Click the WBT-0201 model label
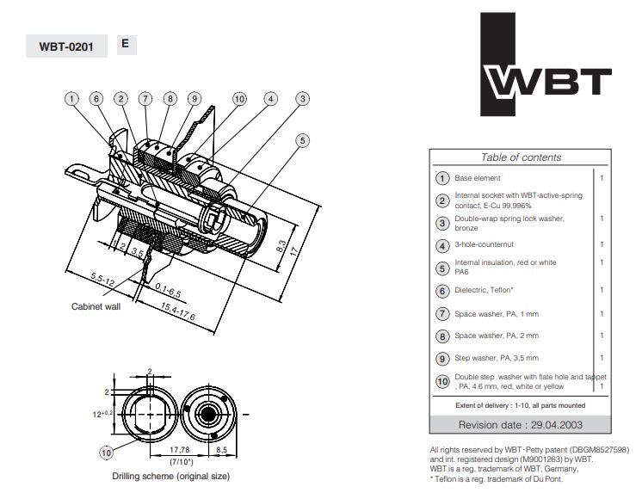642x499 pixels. [66, 46]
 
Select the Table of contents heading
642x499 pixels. [521, 157]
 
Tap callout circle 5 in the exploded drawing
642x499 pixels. [301, 140]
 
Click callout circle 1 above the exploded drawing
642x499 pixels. [71, 99]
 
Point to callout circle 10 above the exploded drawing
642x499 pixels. [238, 99]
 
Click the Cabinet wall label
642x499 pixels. [95, 305]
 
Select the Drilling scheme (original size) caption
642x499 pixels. [170, 476]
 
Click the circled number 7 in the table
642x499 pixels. [442, 314]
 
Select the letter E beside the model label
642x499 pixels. [125, 43]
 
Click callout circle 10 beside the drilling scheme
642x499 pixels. [106, 453]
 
